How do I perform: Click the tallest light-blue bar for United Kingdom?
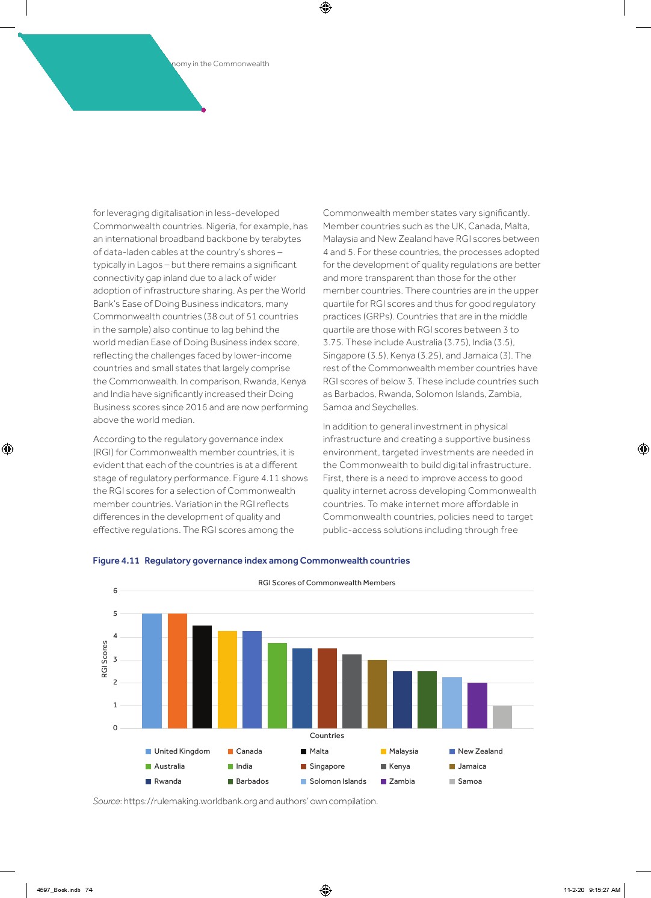(152, 671)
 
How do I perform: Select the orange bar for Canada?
(177, 671)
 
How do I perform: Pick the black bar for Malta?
(202, 677)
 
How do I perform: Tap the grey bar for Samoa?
(502, 717)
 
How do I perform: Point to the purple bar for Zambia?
(477, 705)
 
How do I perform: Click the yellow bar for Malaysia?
(227, 680)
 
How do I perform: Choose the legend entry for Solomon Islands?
(337, 781)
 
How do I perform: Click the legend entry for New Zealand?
(480, 751)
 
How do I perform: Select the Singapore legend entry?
(327, 766)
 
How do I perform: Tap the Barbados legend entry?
(252, 781)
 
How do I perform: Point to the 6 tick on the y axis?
(116, 591)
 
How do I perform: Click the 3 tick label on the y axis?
(116, 660)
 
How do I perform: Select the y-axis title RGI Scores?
(105, 659)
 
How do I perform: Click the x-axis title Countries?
(327, 736)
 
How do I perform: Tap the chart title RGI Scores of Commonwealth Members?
(327, 583)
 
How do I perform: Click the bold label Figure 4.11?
(116, 561)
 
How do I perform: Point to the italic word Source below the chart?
(107, 801)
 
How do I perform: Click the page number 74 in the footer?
(89, 890)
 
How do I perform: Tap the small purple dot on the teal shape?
(203, 110)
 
